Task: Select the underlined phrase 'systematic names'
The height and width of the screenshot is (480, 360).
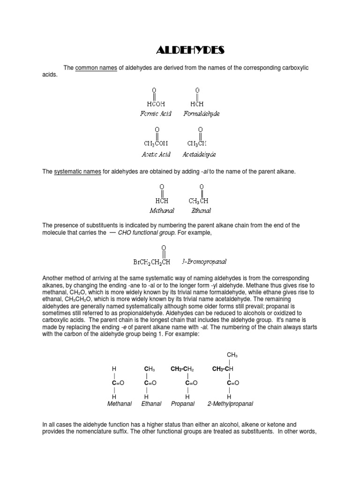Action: [x=77, y=172]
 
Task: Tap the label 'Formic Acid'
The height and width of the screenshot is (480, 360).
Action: [x=156, y=113]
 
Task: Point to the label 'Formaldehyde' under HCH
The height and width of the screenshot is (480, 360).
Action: [x=202, y=113]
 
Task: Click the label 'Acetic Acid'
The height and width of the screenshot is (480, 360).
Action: [x=156, y=154]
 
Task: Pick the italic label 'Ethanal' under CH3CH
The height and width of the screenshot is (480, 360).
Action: [x=201, y=210]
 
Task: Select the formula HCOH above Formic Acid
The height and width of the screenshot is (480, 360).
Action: [x=156, y=103]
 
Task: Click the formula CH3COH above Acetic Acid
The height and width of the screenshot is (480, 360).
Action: [x=154, y=143]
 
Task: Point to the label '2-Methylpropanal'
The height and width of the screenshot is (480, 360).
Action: [x=230, y=403]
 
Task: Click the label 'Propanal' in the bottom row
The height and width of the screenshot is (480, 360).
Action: [x=182, y=403]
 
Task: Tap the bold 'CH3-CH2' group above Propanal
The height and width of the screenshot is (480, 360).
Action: [x=182, y=369]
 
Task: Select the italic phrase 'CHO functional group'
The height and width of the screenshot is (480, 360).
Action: [x=150, y=232]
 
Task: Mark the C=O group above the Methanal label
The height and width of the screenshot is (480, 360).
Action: [x=117, y=382]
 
